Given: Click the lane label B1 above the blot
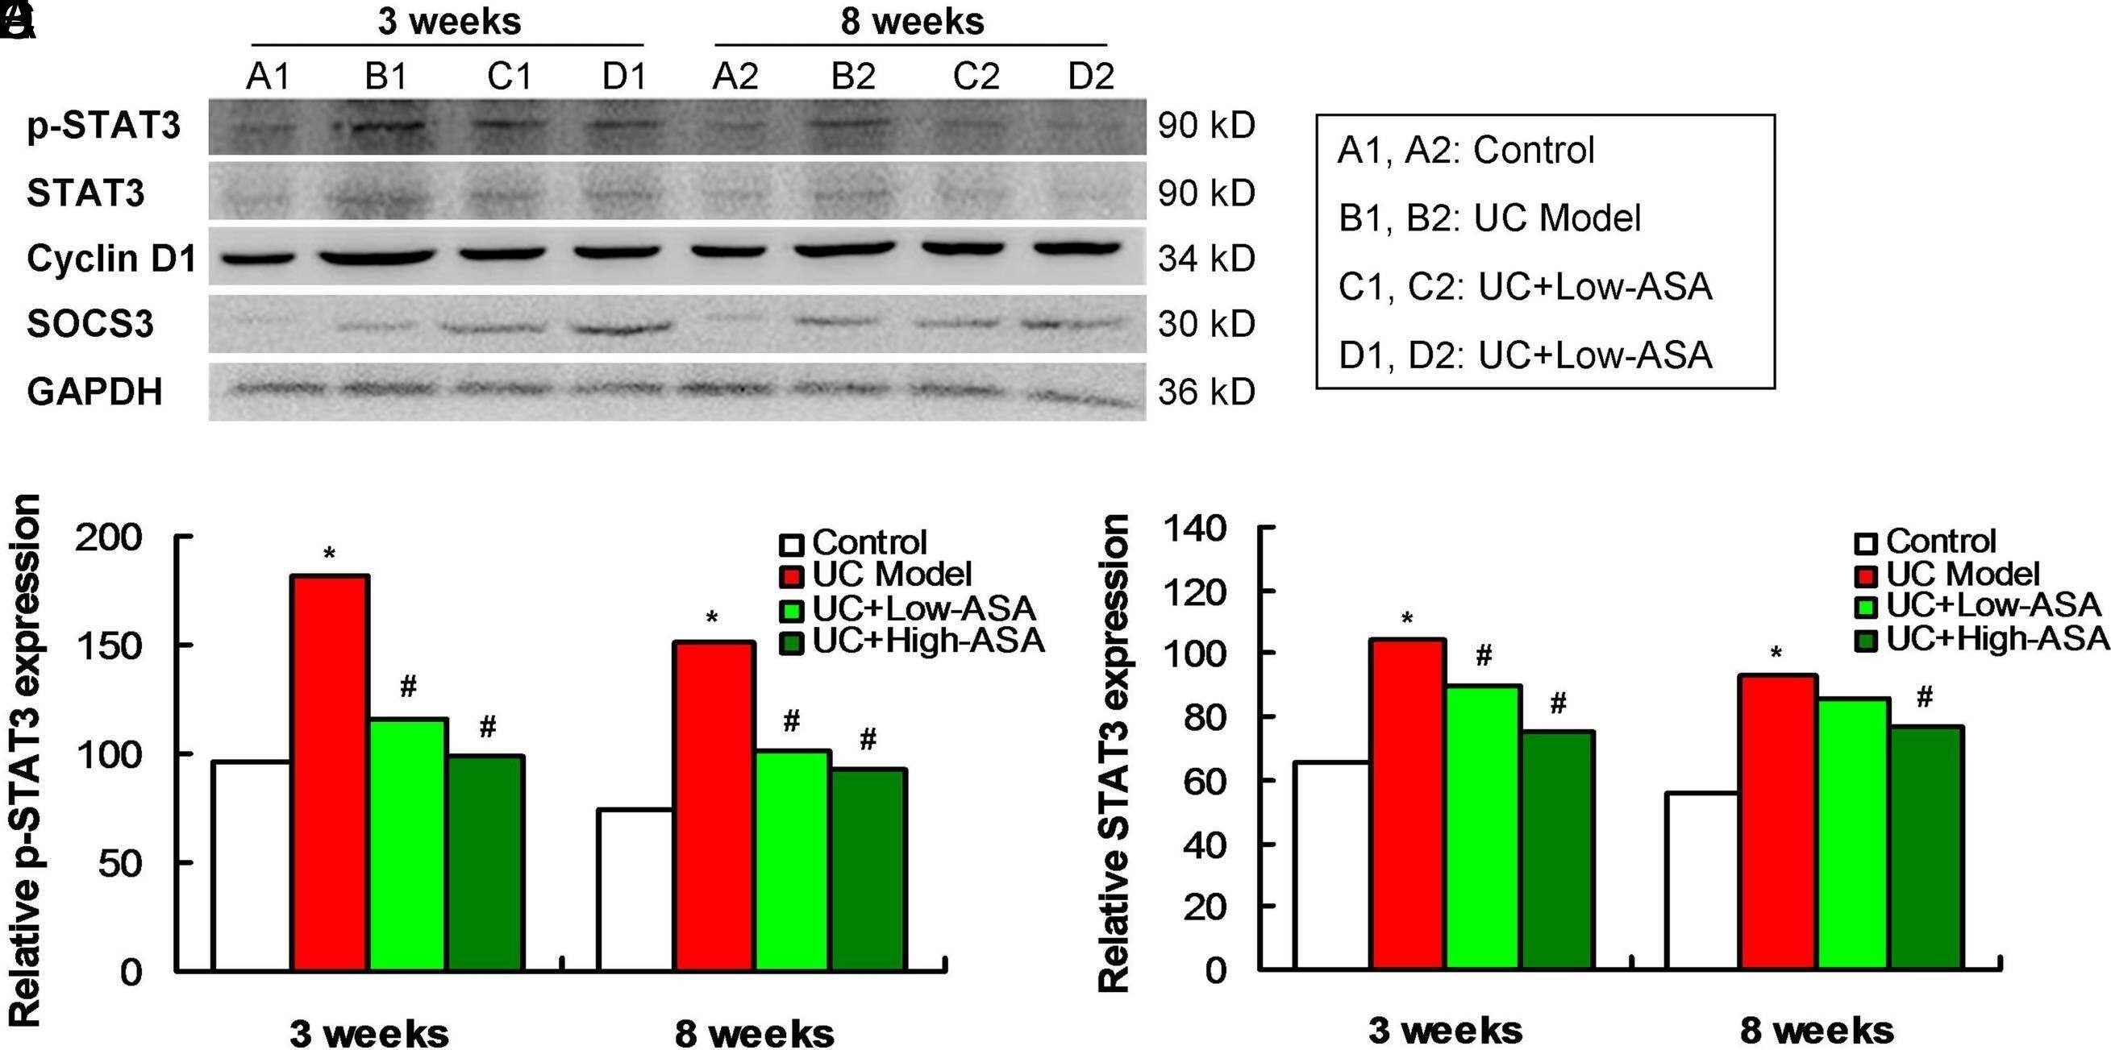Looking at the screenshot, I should [x=385, y=77].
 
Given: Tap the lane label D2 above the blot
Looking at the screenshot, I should [x=1091, y=77].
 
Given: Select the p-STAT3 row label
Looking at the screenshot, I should [x=103, y=127].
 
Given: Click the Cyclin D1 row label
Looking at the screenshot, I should [x=110, y=259].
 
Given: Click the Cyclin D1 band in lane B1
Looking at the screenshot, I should [x=377, y=258].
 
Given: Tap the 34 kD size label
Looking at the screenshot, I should [x=1205, y=259].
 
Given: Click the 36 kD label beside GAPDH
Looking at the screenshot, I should [x=1205, y=392].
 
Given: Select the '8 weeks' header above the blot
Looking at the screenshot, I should [x=911, y=22].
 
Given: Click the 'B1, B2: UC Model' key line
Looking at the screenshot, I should [x=1489, y=218].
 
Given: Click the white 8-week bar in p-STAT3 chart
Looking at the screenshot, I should [x=635, y=890].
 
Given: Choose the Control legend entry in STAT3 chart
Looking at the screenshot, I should [x=1941, y=542].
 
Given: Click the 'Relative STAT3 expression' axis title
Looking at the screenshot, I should [x=1114, y=753].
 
